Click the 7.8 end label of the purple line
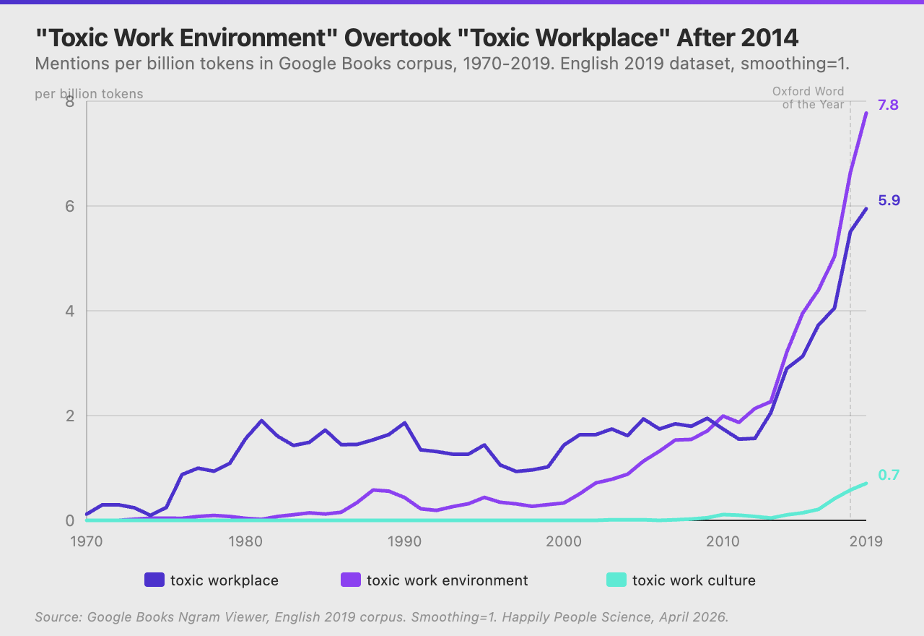[888, 106]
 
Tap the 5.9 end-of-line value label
[888, 201]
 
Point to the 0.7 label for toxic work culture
[888, 476]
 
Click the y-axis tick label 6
[69, 206]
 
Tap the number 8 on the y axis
[69, 102]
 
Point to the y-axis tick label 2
[69, 416]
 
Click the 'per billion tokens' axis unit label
[89, 94]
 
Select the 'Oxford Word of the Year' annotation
[808, 98]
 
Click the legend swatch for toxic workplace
[154, 580]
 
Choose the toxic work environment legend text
[447, 580]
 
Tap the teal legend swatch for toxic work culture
[616, 580]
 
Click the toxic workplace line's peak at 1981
[261, 421]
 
